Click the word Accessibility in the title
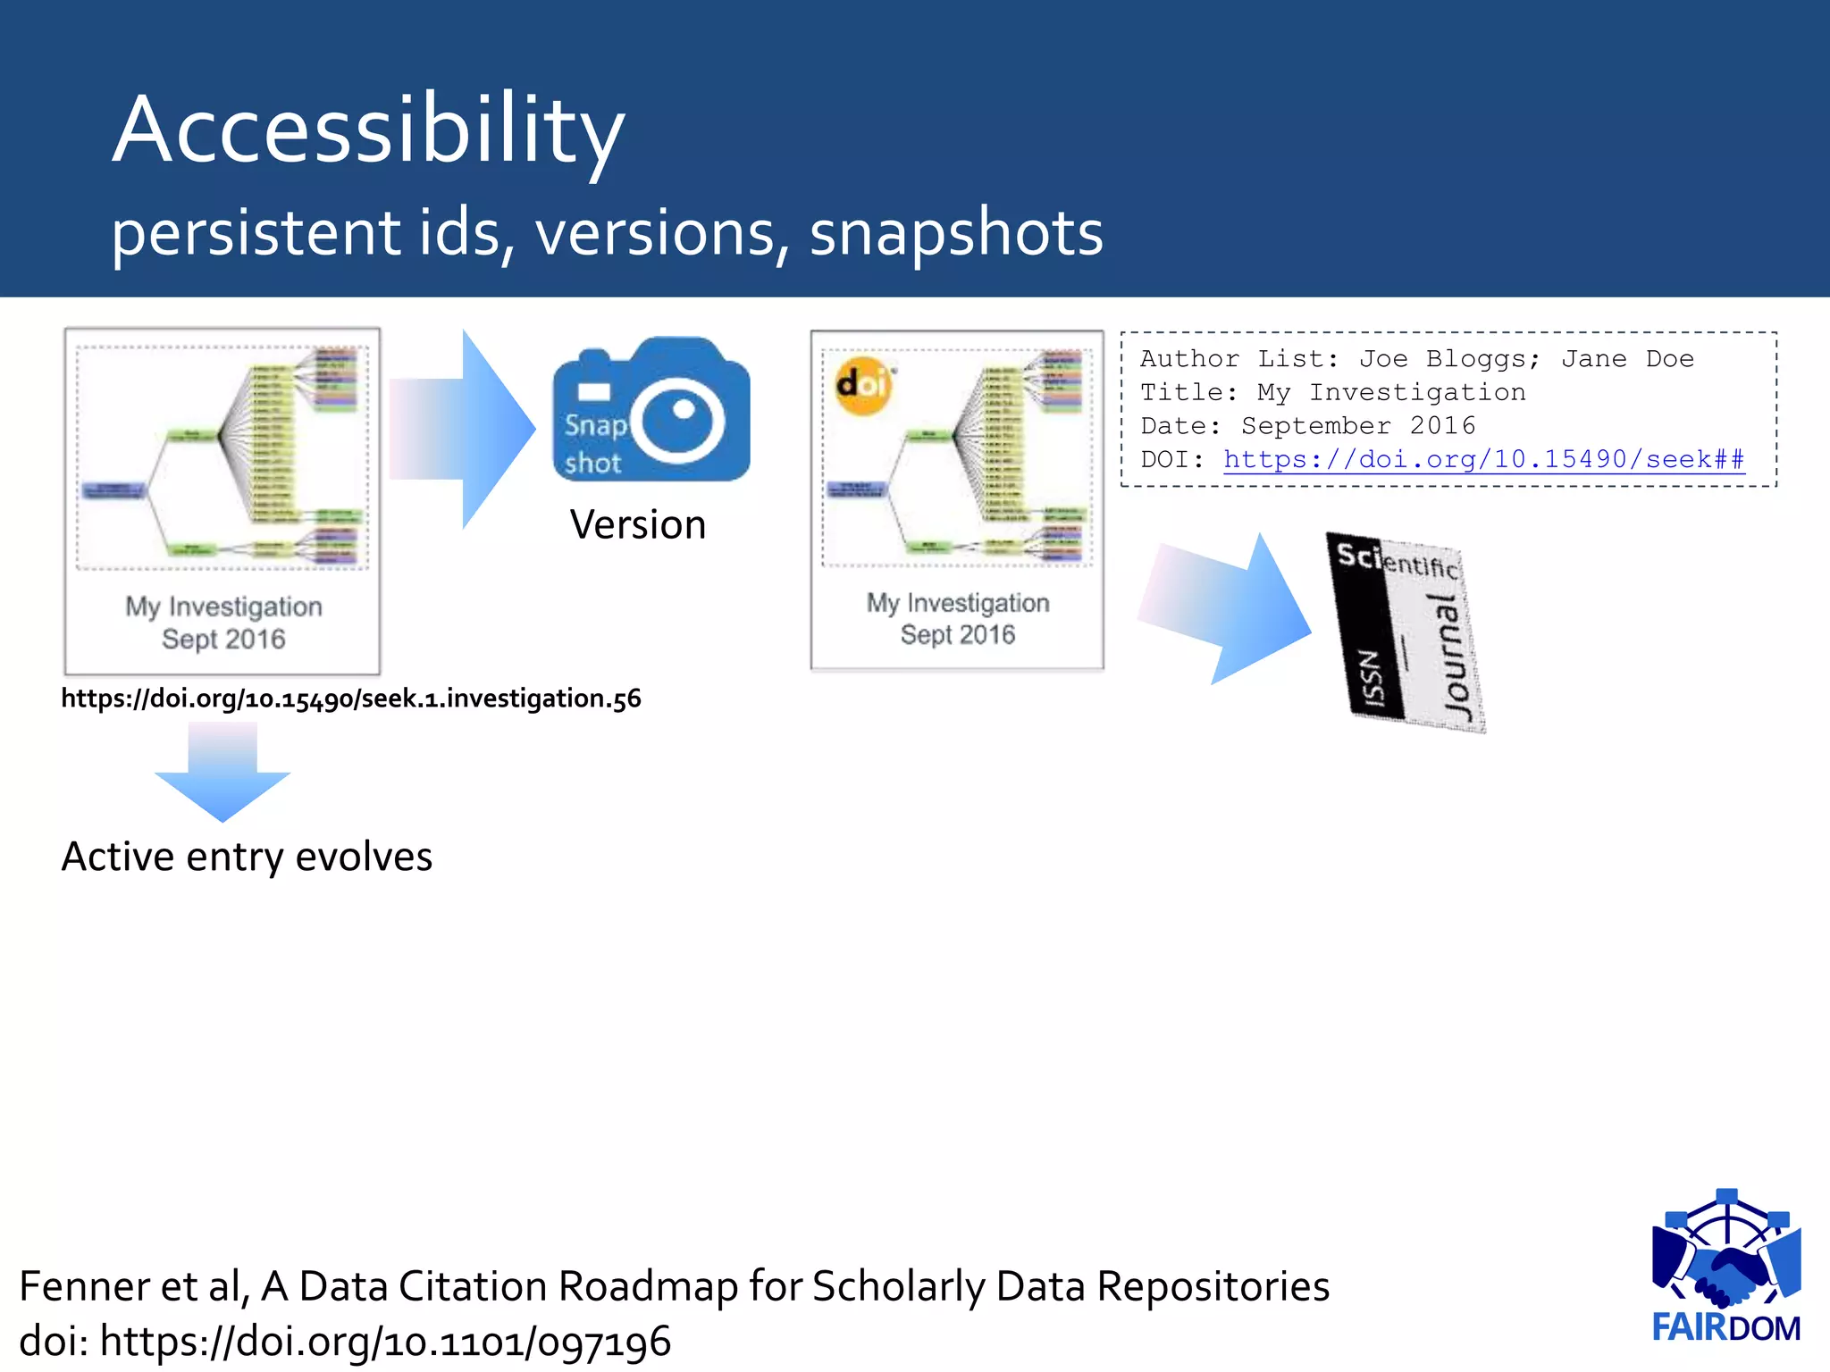[368, 130]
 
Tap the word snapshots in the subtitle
[956, 232]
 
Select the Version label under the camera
[638, 524]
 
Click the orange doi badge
[862, 385]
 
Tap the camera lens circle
[683, 420]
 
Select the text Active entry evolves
[247, 857]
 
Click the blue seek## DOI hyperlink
[1483, 459]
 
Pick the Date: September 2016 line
[1307, 426]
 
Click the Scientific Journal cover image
[1405, 632]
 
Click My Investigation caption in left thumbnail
[223, 607]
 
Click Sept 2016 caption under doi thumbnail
[957, 635]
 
